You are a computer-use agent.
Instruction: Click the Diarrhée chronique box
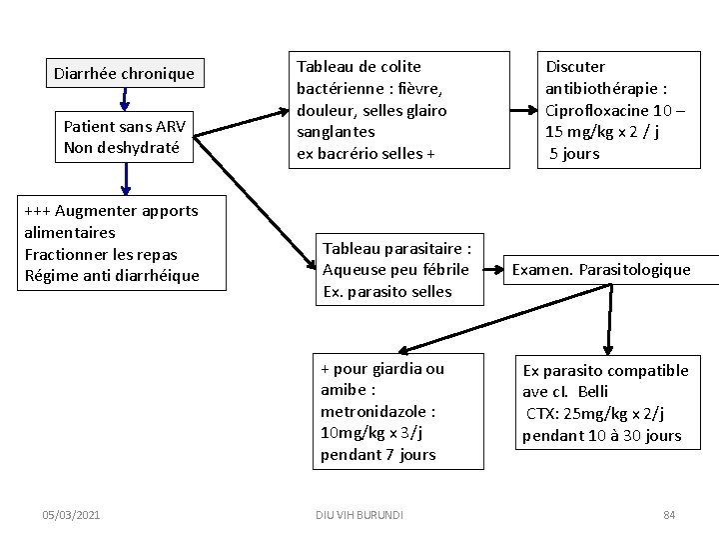coord(124,73)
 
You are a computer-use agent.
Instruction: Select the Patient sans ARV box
coord(125,137)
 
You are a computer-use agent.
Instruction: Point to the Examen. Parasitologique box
coord(601,269)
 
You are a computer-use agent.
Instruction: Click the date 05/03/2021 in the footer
coord(71,514)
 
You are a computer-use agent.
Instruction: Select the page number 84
coord(669,514)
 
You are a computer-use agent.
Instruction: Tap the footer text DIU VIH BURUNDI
coord(359,514)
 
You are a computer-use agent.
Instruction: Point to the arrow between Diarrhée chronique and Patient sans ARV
coord(125,99)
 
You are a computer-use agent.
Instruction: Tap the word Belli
coord(592,391)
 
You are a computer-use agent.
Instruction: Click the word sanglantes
coord(335,132)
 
